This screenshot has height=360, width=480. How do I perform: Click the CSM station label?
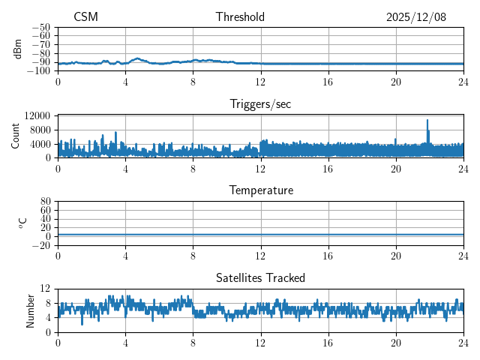pos(85,17)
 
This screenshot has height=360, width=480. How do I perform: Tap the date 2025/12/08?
pos(416,17)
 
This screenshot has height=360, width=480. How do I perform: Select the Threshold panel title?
pos(240,17)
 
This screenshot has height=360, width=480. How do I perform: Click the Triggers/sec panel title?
pos(260,104)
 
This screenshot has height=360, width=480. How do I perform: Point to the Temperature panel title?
pos(260,190)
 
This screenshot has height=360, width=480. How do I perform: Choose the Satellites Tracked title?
pos(260,277)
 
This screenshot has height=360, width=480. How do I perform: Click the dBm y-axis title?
pos(17,49)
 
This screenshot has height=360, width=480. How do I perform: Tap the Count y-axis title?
pos(17,136)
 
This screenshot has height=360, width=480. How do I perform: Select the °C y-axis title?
pos(22,223)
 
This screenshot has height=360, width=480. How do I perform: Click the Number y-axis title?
pos(31,310)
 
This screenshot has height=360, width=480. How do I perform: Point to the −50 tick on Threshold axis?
pos(41,27)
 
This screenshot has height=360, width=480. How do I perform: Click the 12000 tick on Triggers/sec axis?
pos(37,115)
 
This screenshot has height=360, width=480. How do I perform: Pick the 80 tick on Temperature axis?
pos(45,202)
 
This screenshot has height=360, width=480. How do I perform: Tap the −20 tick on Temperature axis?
pos(41,245)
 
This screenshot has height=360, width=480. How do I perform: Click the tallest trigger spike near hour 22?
pos(427,120)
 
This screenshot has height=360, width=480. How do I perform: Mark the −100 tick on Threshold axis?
pos(39,71)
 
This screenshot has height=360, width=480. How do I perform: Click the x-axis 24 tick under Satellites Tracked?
pos(463,342)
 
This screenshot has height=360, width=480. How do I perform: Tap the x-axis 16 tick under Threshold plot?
pos(328,81)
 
